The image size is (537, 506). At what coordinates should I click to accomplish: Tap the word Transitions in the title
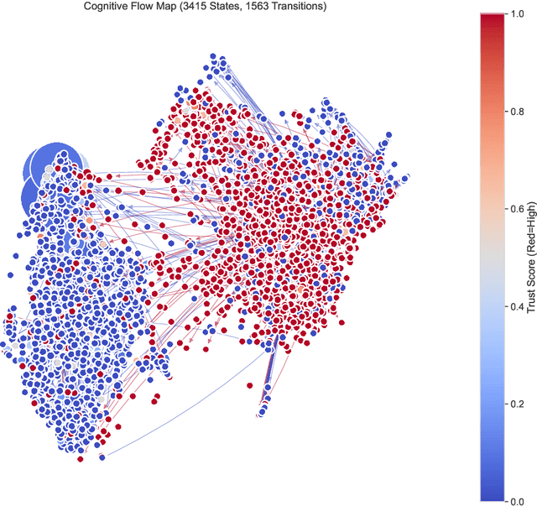click(x=315, y=7)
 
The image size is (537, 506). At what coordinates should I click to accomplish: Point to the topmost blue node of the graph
click(x=213, y=57)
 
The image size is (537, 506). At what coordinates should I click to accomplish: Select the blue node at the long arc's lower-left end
click(x=102, y=457)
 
